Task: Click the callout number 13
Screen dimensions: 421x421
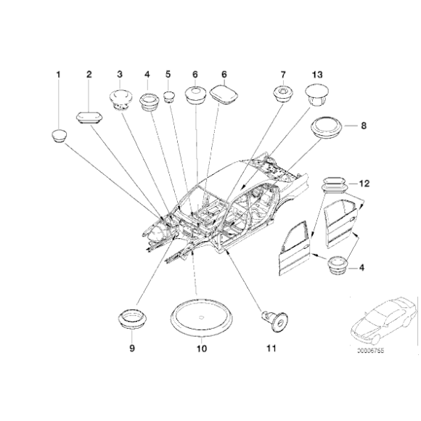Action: pyautogui.click(x=317, y=74)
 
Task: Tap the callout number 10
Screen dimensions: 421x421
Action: pyautogui.click(x=202, y=348)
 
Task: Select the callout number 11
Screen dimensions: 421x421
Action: pyautogui.click(x=271, y=348)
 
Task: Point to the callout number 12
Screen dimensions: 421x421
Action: pyautogui.click(x=364, y=184)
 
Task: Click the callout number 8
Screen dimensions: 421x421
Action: pyautogui.click(x=364, y=126)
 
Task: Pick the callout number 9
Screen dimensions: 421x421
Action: pyautogui.click(x=132, y=348)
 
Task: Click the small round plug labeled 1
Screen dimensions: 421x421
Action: pyautogui.click(x=59, y=136)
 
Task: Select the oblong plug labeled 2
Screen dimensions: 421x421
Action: pyautogui.click(x=89, y=118)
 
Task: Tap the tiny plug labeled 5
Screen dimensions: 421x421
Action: pyautogui.click(x=169, y=97)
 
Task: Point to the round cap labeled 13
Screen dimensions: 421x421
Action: pyautogui.click(x=316, y=95)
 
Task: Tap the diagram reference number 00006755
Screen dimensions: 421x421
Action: pyautogui.click(x=370, y=351)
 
